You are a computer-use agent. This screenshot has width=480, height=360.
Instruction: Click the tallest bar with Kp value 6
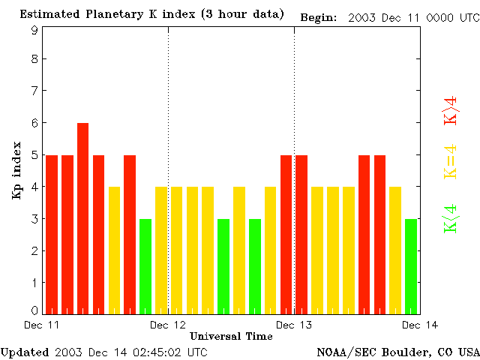(82, 217)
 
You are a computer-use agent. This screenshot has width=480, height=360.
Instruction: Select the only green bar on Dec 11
(145, 265)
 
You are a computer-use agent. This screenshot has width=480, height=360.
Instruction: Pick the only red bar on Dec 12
(286, 234)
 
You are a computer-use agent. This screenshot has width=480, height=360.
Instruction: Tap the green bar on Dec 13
(411, 265)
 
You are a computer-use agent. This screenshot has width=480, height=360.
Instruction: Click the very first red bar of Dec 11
(52, 234)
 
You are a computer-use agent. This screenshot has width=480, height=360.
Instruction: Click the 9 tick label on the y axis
(34, 31)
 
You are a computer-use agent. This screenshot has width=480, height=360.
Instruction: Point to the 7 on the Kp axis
(34, 91)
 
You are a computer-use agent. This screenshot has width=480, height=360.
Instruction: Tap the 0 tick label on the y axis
(34, 310)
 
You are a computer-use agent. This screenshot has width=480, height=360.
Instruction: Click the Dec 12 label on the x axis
(168, 325)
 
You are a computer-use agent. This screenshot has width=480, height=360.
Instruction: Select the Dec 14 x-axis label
(420, 325)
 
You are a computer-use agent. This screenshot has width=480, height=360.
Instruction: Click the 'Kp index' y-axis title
(16, 172)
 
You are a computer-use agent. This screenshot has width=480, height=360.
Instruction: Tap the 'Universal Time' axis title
(231, 336)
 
